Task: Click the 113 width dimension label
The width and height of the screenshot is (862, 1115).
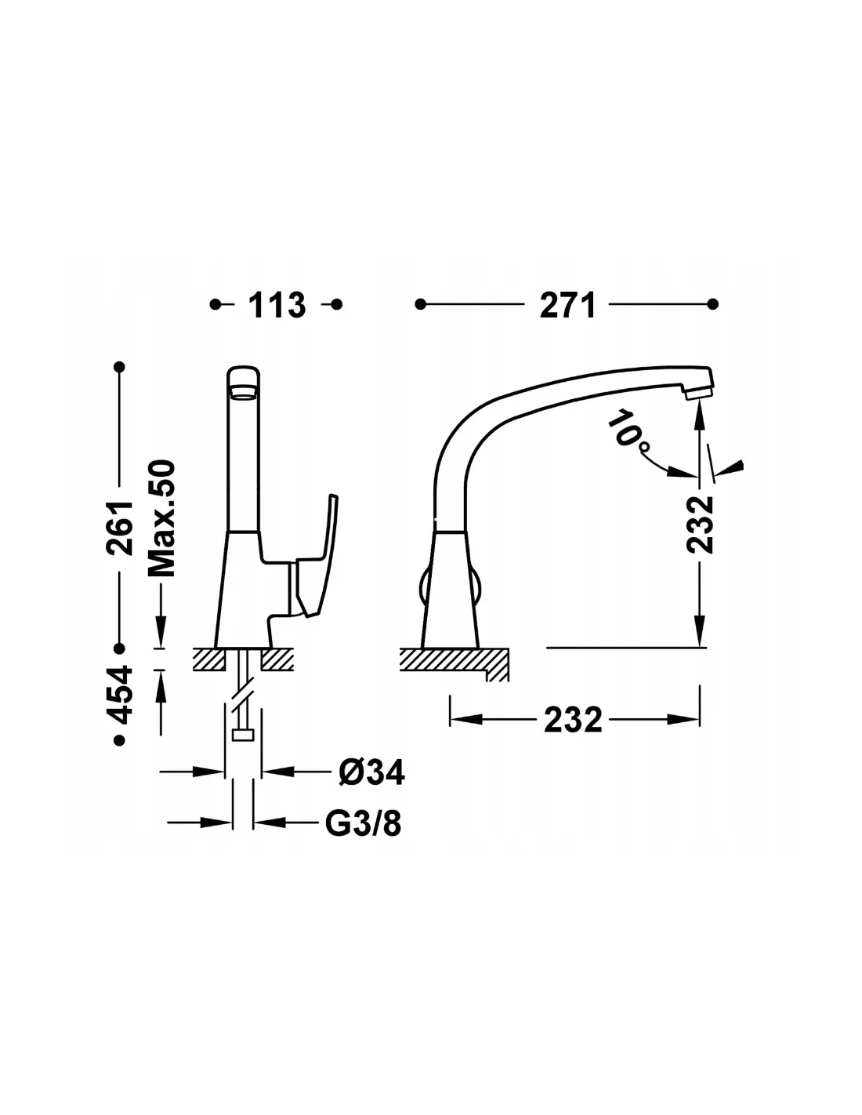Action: coord(277,305)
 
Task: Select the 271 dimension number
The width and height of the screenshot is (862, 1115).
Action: coord(567,305)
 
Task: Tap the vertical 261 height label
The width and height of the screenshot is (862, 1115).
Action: coord(120,528)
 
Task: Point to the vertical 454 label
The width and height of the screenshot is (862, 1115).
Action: coord(120,694)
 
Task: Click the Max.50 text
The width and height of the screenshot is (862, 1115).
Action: coord(162,518)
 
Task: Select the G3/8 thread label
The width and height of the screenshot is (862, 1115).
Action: coord(364,823)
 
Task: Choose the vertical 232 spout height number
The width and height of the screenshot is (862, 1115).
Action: coord(701,525)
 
